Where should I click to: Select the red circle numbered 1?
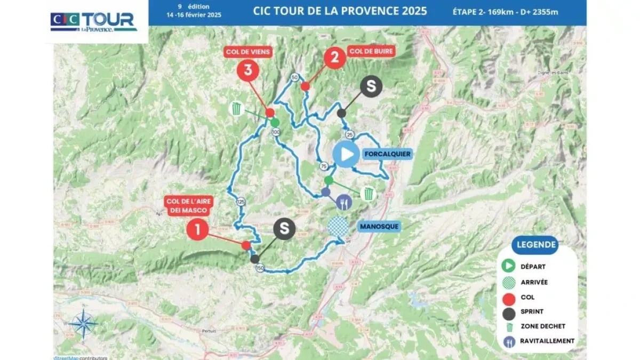click(x=198, y=229)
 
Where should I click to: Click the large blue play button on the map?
click(x=346, y=154)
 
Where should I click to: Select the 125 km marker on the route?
click(x=241, y=202)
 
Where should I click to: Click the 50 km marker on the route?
click(x=294, y=77)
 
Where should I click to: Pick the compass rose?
click(x=84, y=323)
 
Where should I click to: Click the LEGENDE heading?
click(x=536, y=245)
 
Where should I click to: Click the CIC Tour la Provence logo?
click(x=94, y=21)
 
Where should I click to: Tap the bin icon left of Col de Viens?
click(x=237, y=109)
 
